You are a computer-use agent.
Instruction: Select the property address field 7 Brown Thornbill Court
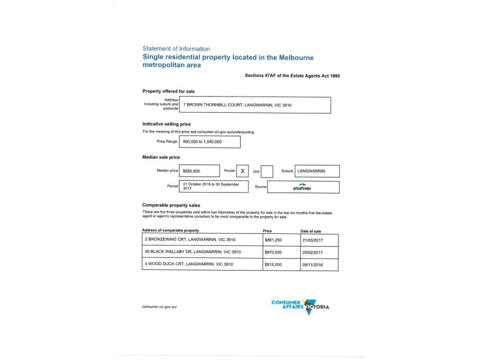256,105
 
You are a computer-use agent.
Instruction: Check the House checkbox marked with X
242,171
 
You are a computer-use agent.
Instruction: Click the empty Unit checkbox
267,172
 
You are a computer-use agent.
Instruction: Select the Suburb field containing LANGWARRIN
317,171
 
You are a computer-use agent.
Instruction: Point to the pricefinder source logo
302,187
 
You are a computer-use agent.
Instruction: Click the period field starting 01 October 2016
214,187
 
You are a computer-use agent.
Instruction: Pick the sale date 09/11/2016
311,264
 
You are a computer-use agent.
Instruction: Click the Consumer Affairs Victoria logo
300,307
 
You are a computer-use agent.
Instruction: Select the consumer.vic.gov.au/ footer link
160,307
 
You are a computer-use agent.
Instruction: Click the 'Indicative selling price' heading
166,124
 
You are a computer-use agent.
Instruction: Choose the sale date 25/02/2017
311,251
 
